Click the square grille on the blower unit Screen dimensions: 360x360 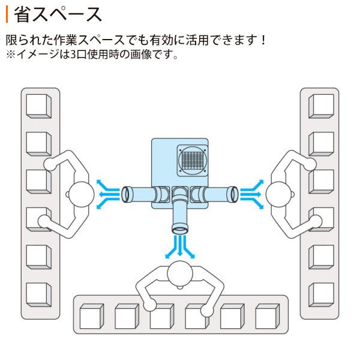click(x=193, y=160)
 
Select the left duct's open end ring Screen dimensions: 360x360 click(x=126, y=194)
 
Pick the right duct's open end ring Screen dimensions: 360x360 click(x=233, y=194)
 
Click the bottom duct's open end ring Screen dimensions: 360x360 click(x=180, y=229)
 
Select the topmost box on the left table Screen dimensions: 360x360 click(x=39, y=105)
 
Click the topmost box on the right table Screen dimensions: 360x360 click(x=321, y=105)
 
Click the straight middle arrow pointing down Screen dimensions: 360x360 click(x=180, y=245)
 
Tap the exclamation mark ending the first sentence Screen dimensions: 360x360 click(x=262, y=41)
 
